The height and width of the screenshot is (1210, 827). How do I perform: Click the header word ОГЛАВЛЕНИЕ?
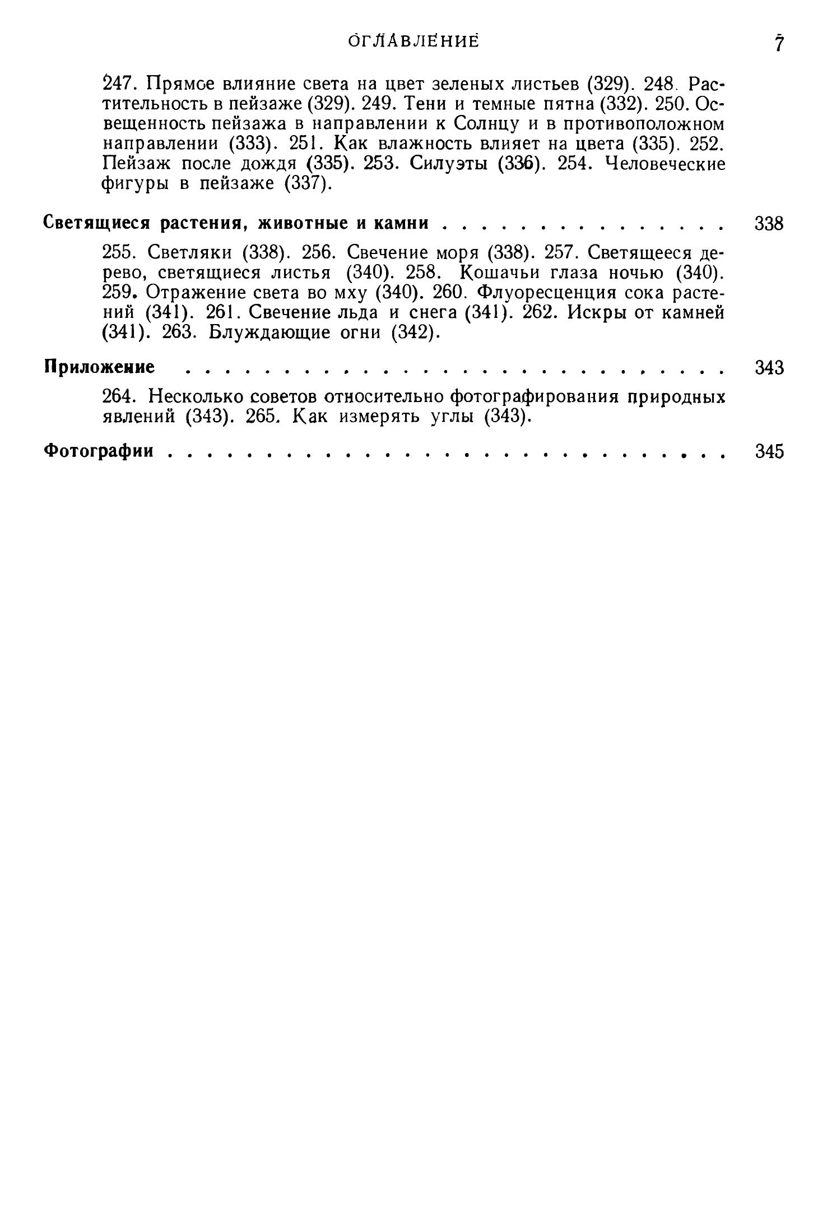point(413,42)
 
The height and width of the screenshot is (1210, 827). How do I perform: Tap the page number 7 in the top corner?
point(778,44)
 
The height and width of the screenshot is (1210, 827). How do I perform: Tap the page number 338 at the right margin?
point(769,223)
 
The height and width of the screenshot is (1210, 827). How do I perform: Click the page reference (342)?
point(414,332)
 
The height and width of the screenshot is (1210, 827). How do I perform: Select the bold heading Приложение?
point(99,368)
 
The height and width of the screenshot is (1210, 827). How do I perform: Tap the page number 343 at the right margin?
point(769,368)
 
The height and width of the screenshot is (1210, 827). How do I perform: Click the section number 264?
point(118,398)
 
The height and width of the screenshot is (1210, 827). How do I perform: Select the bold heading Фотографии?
point(99,451)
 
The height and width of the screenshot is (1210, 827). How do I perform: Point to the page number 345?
point(769,451)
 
